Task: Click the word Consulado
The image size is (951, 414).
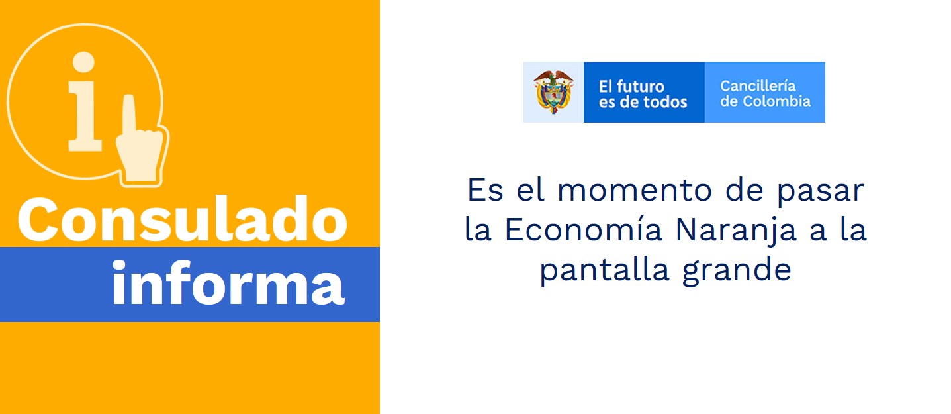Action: click(x=183, y=220)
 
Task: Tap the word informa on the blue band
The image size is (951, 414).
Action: click(x=228, y=282)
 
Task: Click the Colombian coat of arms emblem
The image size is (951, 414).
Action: click(x=553, y=92)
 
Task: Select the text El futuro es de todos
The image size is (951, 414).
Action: click(x=643, y=94)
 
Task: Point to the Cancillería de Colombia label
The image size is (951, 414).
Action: click(x=765, y=93)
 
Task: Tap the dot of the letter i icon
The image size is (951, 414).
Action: click(x=83, y=62)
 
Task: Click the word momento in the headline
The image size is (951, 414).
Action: click(x=634, y=190)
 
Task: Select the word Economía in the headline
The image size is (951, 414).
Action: click(x=583, y=230)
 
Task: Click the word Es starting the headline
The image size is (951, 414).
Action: click(x=485, y=190)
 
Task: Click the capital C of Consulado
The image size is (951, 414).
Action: click(x=37, y=220)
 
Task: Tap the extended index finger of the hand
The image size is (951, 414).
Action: click(x=129, y=115)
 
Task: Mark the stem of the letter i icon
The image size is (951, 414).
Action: click(x=85, y=116)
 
